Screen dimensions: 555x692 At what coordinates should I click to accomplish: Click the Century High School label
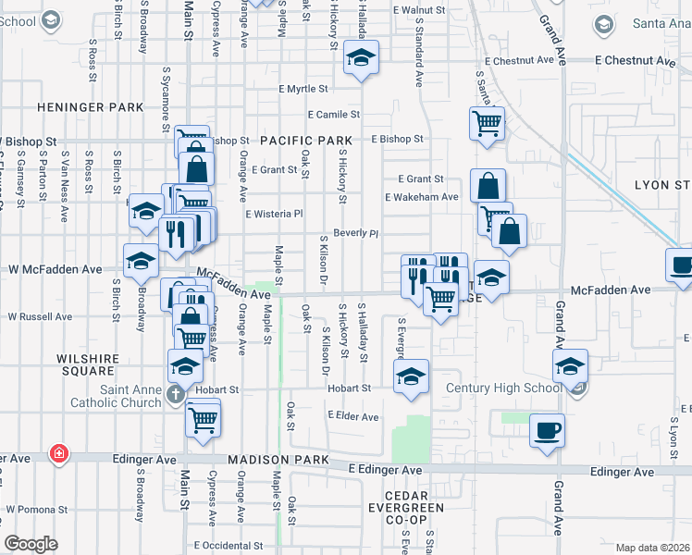[503, 388]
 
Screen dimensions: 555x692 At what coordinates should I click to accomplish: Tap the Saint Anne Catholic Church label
[117, 396]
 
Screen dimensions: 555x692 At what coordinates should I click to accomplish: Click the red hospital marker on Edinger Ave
[59, 453]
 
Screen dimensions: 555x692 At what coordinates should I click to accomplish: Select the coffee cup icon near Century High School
[547, 430]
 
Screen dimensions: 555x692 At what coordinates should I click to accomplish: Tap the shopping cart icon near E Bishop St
[487, 123]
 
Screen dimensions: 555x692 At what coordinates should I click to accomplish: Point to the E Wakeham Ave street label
[422, 197]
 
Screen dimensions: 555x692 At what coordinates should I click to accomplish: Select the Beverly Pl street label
[356, 233]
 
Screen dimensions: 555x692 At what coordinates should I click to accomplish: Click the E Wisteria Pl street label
[274, 214]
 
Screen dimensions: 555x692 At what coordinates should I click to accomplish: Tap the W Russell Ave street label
[40, 316]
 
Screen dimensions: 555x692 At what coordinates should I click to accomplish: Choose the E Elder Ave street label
[353, 417]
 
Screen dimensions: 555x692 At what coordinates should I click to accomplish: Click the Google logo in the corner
[31, 544]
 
